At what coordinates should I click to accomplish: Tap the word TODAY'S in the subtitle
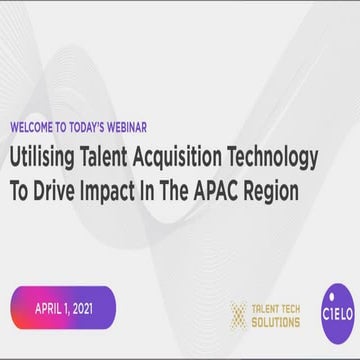(x=96, y=129)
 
